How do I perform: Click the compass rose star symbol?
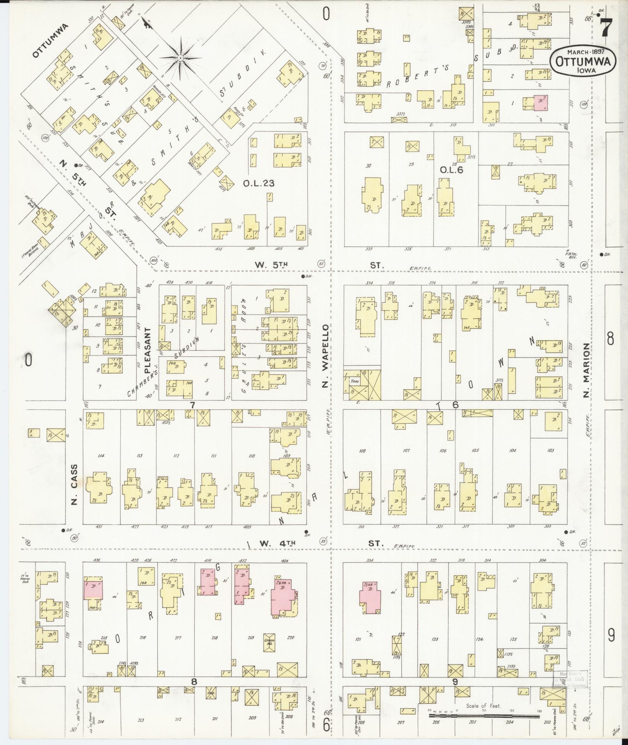[x=180, y=58]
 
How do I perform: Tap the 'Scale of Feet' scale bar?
[x=484, y=715]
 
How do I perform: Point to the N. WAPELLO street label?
[x=325, y=356]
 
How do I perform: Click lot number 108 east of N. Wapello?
[x=362, y=451]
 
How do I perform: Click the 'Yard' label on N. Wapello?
[x=354, y=382]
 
